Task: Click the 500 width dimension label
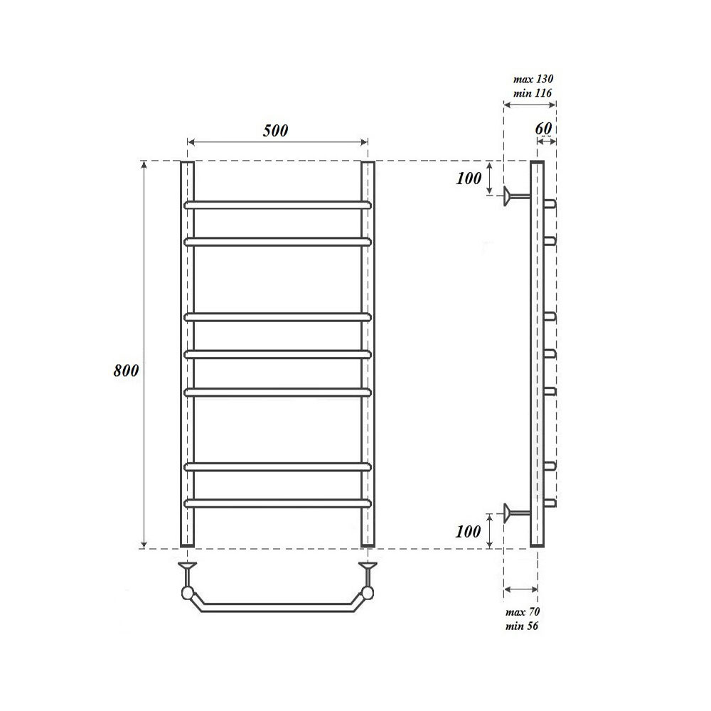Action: (x=276, y=131)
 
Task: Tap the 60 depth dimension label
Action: (x=544, y=129)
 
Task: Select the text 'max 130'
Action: (x=533, y=80)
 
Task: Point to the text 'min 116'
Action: (x=533, y=93)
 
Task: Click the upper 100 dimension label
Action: (x=469, y=178)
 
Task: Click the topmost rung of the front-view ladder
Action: (x=277, y=204)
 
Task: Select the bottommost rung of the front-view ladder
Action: (x=277, y=503)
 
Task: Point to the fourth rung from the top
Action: (x=277, y=352)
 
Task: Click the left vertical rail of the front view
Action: (x=186, y=355)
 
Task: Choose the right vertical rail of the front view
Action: (x=368, y=355)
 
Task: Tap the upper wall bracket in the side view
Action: (x=513, y=196)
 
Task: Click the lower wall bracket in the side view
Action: (x=513, y=512)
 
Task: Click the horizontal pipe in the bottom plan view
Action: (x=277, y=606)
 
